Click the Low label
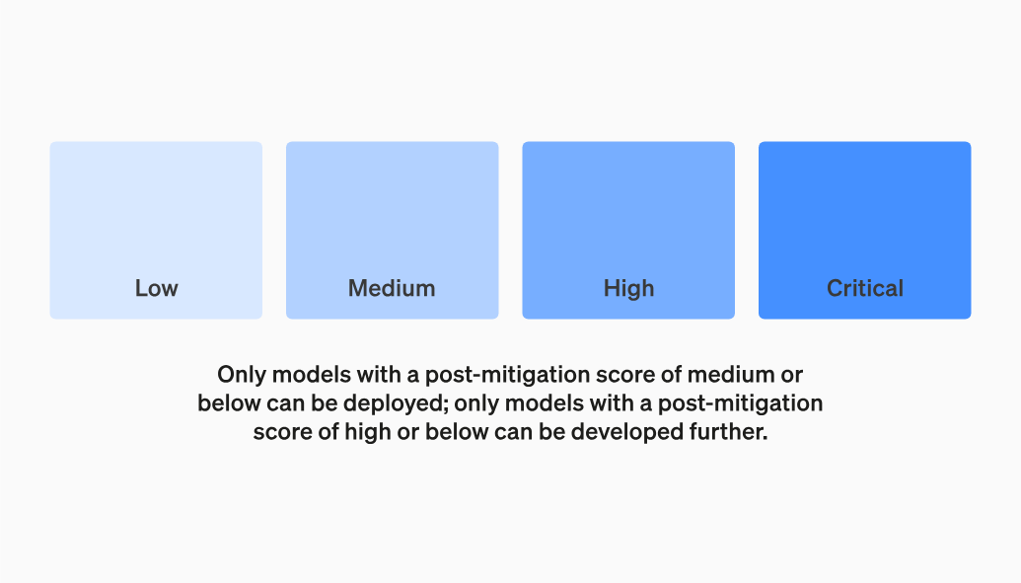(x=156, y=288)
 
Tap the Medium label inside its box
(x=392, y=288)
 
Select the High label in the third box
(x=628, y=289)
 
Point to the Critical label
(x=865, y=288)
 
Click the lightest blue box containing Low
(x=156, y=230)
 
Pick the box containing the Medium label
(x=392, y=230)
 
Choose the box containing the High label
(x=628, y=230)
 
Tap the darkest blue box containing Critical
(x=865, y=230)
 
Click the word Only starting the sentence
(x=241, y=375)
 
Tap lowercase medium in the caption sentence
(x=731, y=375)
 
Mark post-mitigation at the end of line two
(x=741, y=404)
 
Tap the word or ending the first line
(x=791, y=376)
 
